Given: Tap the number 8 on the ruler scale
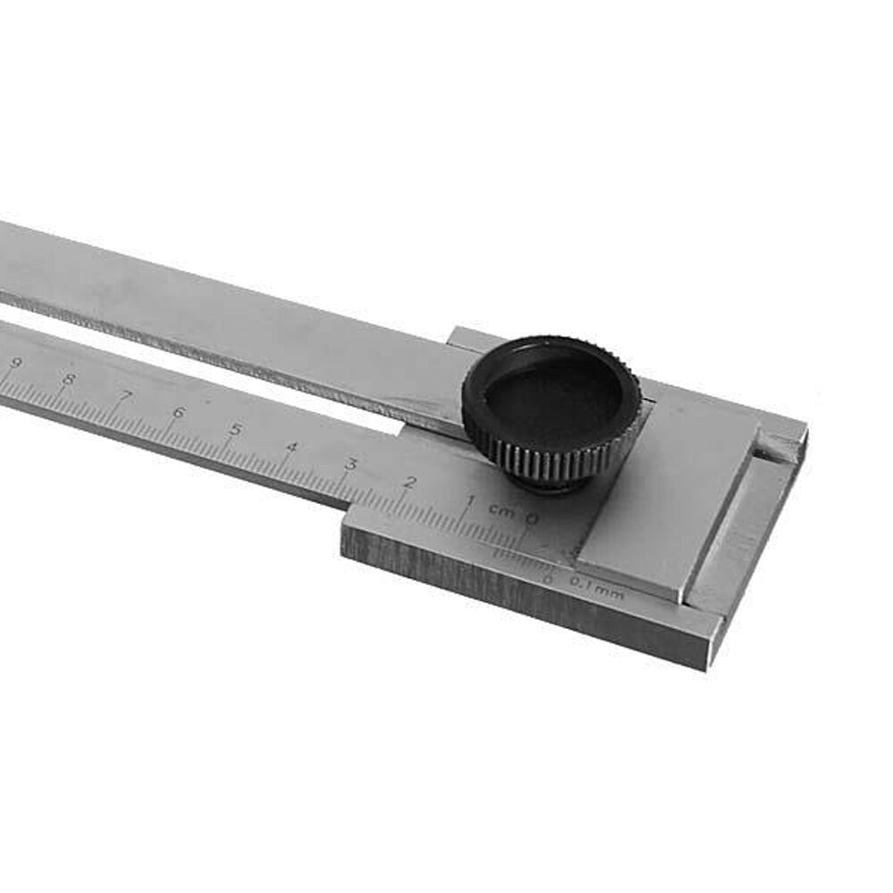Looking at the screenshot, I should pyautogui.click(x=69, y=378).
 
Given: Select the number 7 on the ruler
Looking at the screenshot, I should pyautogui.click(x=126, y=395).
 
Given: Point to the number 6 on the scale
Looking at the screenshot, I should pyautogui.click(x=178, y=412).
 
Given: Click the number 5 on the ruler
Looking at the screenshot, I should pyautogui.click(x=235, y=429).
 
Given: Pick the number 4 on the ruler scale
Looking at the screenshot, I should pyautogui.click(x=292, y=446).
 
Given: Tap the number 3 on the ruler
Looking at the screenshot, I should pyautogui.click(x=351, y=464).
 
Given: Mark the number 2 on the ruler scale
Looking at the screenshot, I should pyautogui.click(x=410, y=483).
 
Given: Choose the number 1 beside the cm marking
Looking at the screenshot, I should pyautogui.click(x=470, y=501).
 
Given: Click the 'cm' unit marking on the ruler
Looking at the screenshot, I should pyautogui.click(x=500, y=510).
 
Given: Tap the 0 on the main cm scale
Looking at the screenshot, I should pyautogui.click(x=533, y=519).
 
